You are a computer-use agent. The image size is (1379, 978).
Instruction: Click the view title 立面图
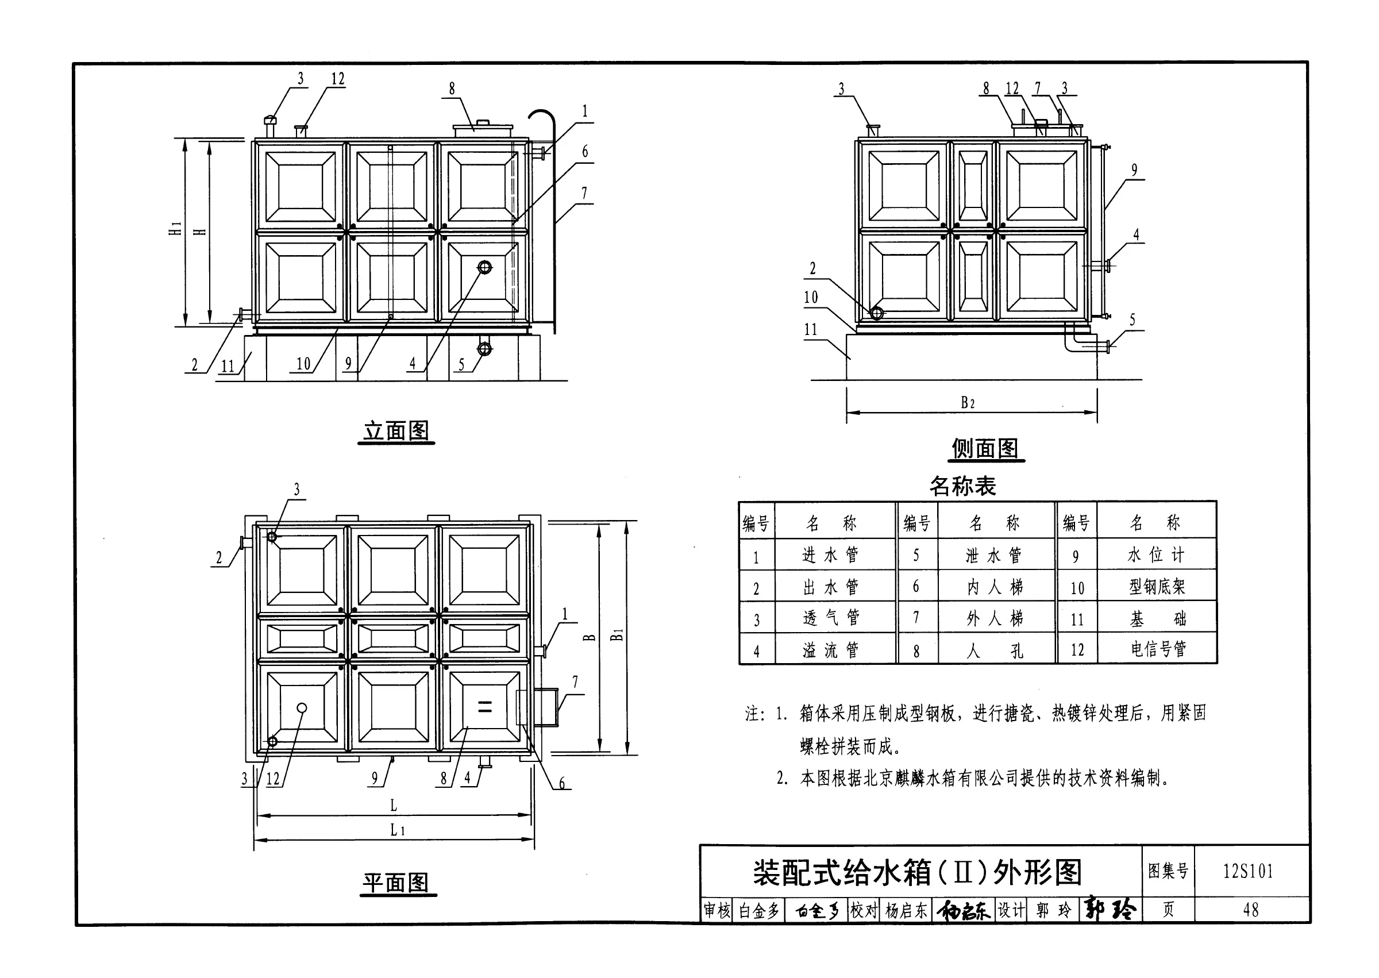pos(396,431)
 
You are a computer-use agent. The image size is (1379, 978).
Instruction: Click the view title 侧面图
pos(985,449)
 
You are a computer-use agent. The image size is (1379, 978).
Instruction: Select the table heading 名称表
pos(962,486)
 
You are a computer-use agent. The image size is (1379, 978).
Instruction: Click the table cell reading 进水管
pos(830,555)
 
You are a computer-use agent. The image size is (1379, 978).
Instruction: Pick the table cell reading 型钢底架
pos(1157,587)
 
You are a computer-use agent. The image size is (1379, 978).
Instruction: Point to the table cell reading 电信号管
pos(1158,649)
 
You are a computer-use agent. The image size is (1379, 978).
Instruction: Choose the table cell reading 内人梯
pos(995,587)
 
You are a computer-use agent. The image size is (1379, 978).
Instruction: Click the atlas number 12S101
pos(1248,871)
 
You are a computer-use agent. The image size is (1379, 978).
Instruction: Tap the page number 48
pos(1250,910)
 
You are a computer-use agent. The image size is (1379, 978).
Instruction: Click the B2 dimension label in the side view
pos(967,402)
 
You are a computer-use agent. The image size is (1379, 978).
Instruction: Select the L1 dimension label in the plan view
pos(398,830)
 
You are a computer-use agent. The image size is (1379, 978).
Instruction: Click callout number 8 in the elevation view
pos(452,89)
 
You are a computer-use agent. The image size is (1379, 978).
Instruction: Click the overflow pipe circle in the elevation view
pos(485,267)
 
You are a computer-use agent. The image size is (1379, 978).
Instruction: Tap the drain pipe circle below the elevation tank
pos(484,349)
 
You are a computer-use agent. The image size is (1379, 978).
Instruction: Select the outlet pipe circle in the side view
pos(877,313)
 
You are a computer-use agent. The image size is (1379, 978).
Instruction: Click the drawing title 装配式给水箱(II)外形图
pos(917,873)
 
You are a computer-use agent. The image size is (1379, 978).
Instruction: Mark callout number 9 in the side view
pos(1134,171)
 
